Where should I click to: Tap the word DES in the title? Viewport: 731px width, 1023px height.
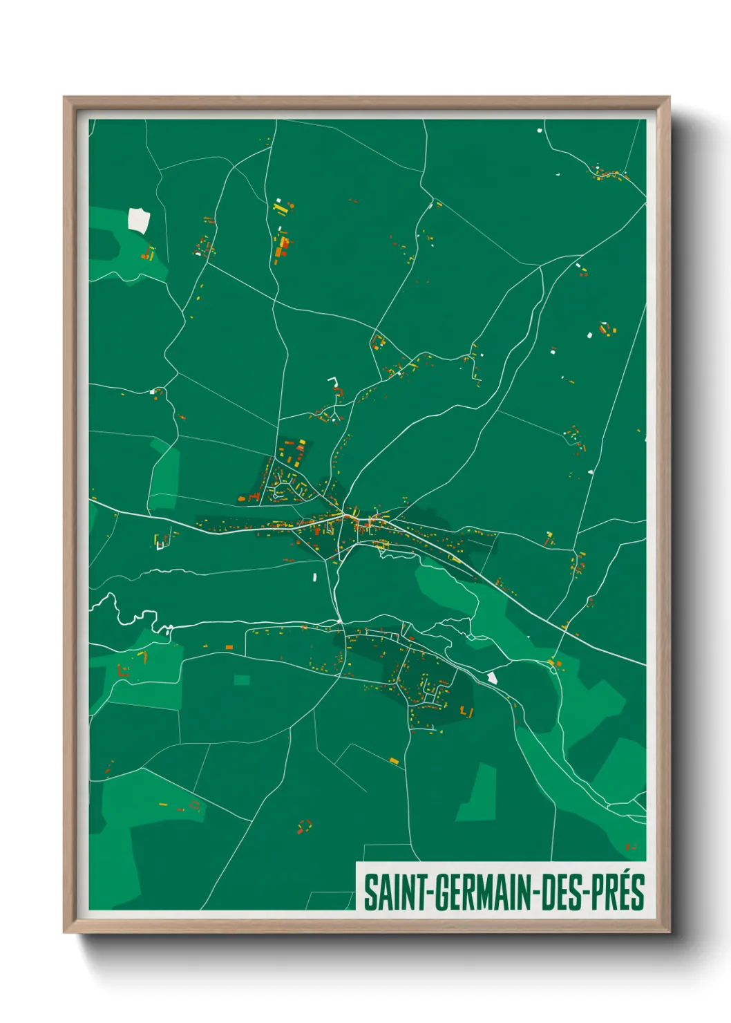562,892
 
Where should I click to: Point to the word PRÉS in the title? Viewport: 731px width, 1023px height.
618,892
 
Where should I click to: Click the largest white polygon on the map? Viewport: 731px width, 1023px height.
138,219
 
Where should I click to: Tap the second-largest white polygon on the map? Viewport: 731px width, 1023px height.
492,677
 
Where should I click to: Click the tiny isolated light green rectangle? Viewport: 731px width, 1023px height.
241,680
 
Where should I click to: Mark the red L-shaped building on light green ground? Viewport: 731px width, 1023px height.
122,670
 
